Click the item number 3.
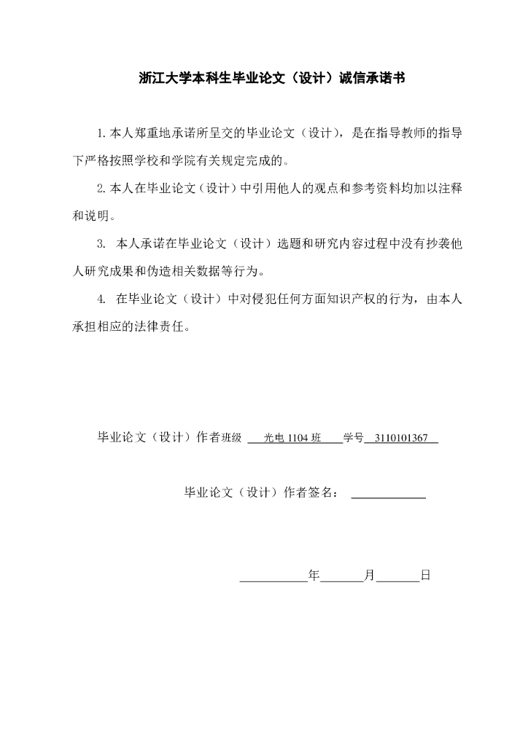pyautogui.click(x=101, y=243)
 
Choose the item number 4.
pyautogui.click(x=101, y=298)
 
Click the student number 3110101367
pyautogui.click(x=400, y=438)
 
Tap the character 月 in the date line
pyautogui.click(x=369, y=575)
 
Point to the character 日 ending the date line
pyautogui.click(x=426, y=575)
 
